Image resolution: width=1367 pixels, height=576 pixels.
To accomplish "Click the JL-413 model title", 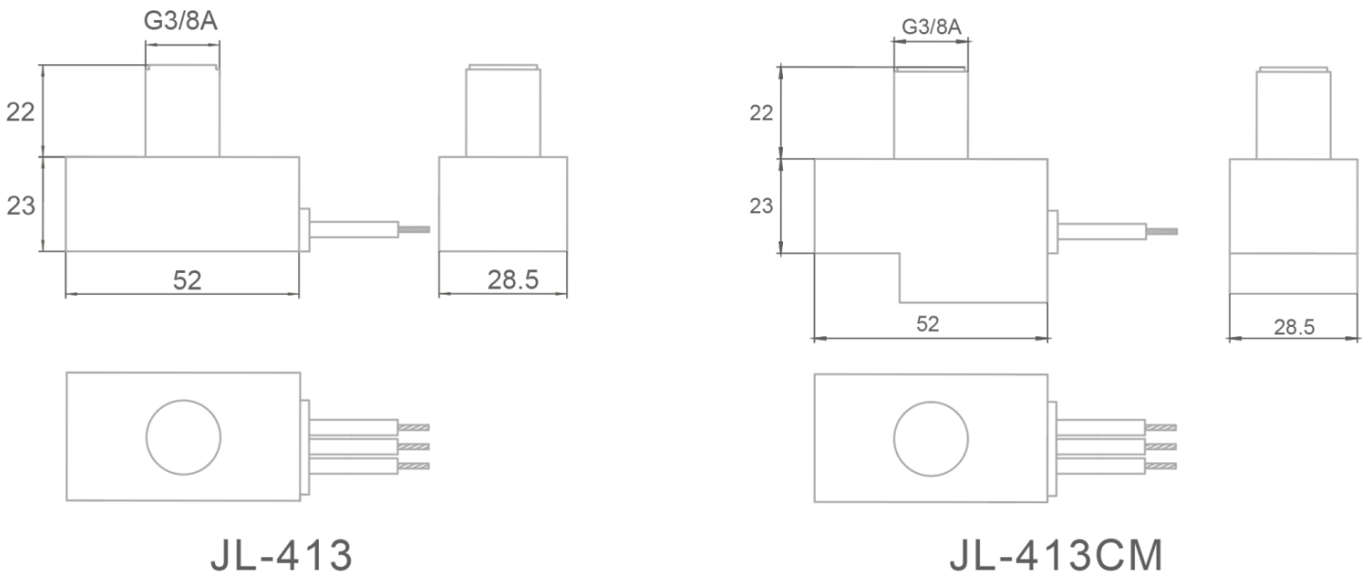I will pyautogui.click(x=281, y=555).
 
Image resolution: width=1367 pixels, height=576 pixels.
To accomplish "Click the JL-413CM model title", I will pyautogui.click(x=1055, y=555).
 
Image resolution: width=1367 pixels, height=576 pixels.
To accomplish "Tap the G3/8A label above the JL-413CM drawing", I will pyautogui.click(x=931, y=27).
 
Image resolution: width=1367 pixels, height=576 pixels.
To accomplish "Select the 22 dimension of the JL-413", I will pyautogui.click(x=21, y=112).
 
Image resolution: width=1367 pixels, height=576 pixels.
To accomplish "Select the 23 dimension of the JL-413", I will pyautogui.click(x=21, y=205).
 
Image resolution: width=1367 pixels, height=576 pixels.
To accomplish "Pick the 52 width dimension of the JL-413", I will pyautogui.click(x=186, y=280).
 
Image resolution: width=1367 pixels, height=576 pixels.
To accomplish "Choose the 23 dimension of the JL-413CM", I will pyautogui.click(x=761, y=206).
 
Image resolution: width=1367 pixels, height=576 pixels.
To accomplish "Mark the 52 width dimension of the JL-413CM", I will pyautogui.click(x=928, y=323).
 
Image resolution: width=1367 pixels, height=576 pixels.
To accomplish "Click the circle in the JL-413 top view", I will pyautogui.click(x=182, y=437).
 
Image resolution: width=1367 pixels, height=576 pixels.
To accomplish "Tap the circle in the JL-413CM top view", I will pyautogui.click(x=931, y=437).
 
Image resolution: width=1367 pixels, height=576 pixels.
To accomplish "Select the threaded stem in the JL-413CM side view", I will pyautogui.click(x=1293, y=114).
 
